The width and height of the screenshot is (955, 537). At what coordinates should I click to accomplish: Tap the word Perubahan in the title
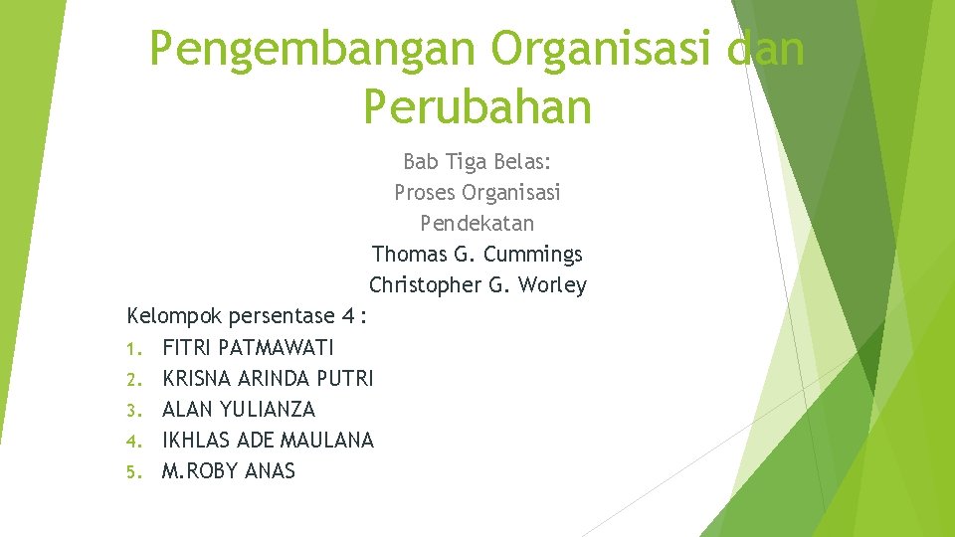[477, 106]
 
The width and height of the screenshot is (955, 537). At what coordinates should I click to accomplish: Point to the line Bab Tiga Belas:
[477, 161]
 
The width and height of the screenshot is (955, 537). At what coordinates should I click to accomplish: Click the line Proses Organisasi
[477, 192]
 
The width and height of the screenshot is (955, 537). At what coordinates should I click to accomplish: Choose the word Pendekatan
[477, 223]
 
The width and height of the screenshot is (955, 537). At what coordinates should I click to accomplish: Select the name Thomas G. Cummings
[477, 255]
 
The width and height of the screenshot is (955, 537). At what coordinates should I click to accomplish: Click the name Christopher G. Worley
[477, 285]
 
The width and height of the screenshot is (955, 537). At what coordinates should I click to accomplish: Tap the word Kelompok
[175, 317]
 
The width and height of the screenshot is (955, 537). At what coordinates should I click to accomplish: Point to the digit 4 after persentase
[347, 317]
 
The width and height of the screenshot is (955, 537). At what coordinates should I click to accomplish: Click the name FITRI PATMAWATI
[248, 348]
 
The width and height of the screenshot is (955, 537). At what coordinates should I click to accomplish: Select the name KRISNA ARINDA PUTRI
[268, 379]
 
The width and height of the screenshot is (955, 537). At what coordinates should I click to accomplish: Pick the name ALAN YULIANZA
[238, 410]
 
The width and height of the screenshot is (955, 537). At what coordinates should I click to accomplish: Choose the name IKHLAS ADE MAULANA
[268, 441]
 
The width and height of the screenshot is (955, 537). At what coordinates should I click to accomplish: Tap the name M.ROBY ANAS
[228, 471]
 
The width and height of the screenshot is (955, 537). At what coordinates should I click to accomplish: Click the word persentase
[282, 317]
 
